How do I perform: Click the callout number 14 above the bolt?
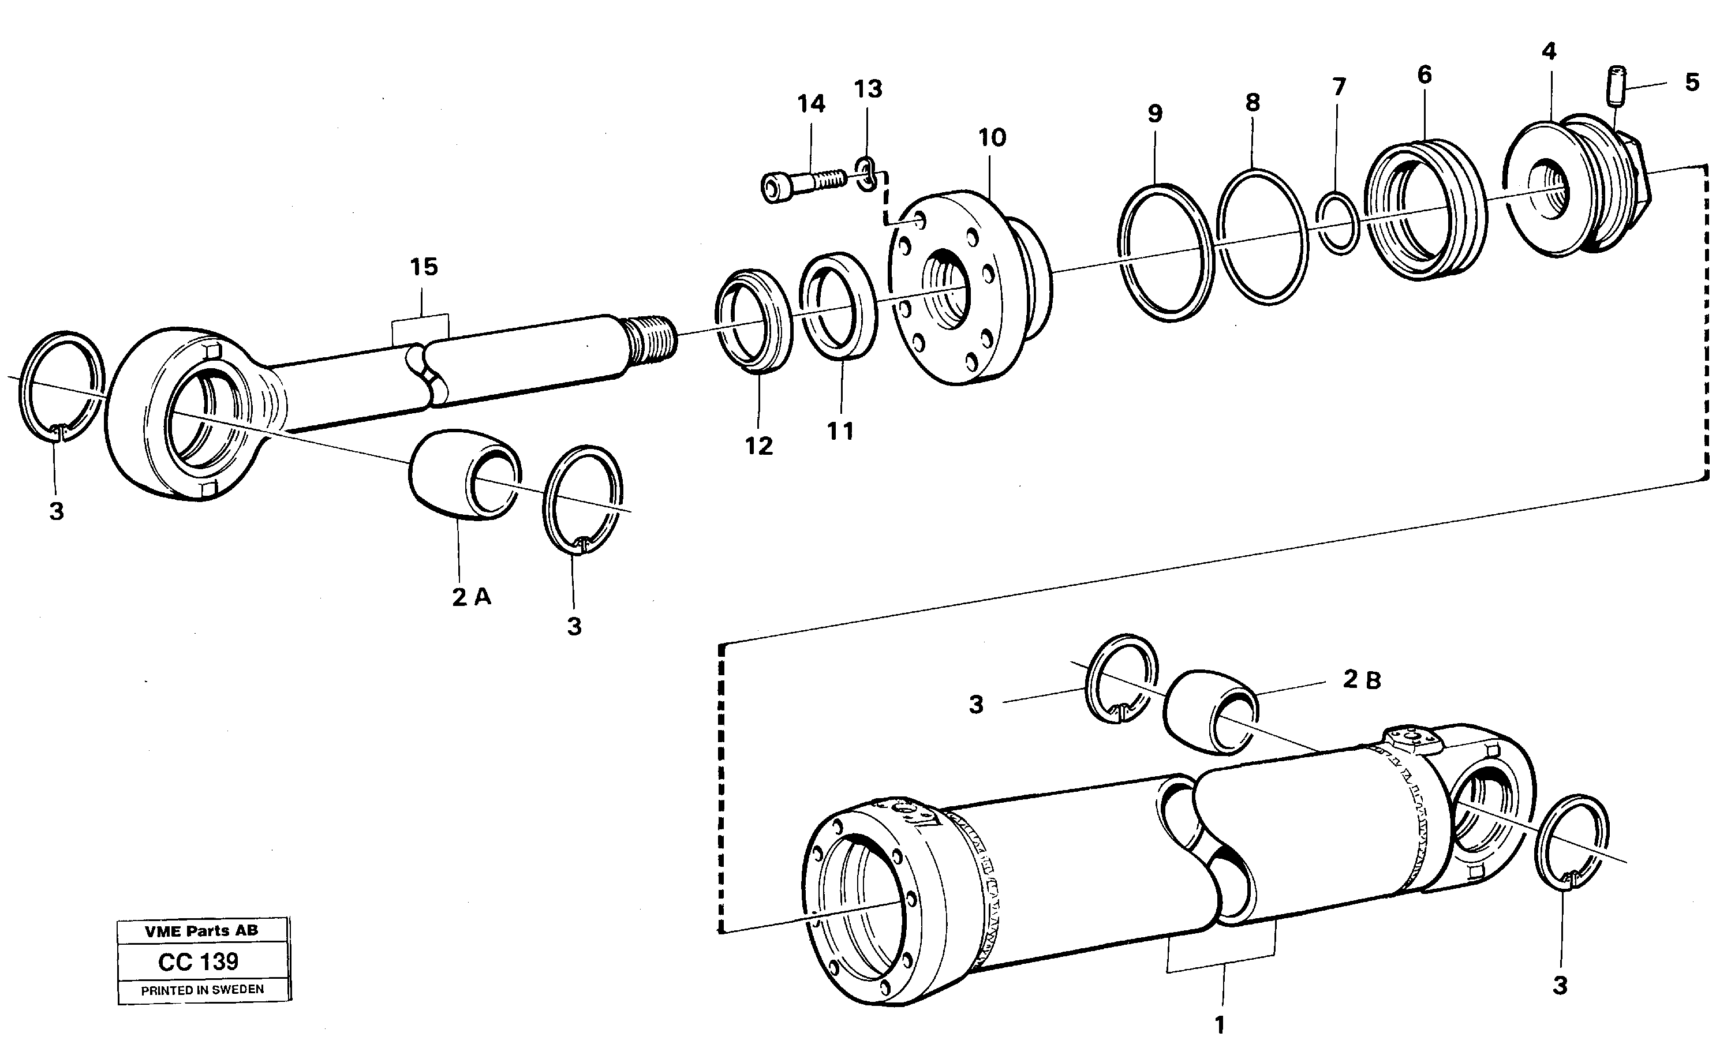811,104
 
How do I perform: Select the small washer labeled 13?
866,174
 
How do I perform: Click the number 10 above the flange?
992,138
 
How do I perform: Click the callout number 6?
1424,74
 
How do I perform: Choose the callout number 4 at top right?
1549,51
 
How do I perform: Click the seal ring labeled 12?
753,320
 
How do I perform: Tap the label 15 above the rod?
424,267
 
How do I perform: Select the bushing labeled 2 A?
463,475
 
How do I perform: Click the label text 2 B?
1362,679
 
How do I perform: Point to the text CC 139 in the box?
198,961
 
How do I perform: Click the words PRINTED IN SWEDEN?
203,990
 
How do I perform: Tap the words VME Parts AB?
201,931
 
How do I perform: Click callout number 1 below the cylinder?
1220,1025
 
